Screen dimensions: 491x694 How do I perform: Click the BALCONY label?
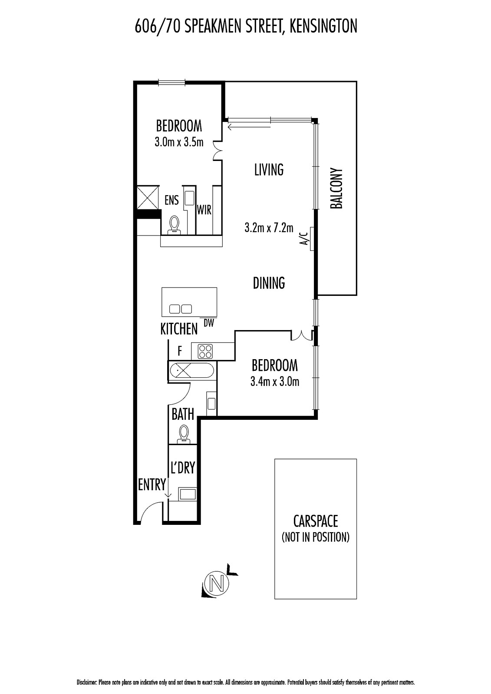(x=336, y=188)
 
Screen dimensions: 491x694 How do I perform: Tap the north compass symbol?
(x=219, y=583)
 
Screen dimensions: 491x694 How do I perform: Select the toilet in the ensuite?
(x=174, y=225)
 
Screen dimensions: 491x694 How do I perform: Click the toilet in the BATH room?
(x=184, y=433)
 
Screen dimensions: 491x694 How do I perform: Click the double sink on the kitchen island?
(x=181, y=309)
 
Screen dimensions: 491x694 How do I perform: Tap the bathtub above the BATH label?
(x=192, y=370)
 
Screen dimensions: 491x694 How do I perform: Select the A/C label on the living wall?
(x=305, y=239)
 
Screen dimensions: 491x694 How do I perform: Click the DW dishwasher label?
(x=209, y=324)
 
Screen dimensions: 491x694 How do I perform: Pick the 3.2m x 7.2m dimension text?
(x=269, y=228)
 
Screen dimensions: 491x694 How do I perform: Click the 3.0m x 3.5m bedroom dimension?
(x=179, y=142)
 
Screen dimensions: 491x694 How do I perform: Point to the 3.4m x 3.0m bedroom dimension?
(x=275, y=382)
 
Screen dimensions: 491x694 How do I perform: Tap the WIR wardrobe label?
(x=204, y=210)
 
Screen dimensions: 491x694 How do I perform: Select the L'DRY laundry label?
(x=183, y=468)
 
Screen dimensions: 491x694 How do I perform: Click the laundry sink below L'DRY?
(x=188, y=494)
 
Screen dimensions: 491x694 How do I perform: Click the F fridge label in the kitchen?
(x=180, y=351)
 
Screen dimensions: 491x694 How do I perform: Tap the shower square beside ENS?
(x=148, y=197)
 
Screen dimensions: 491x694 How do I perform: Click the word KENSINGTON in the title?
(x=323, y=26)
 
